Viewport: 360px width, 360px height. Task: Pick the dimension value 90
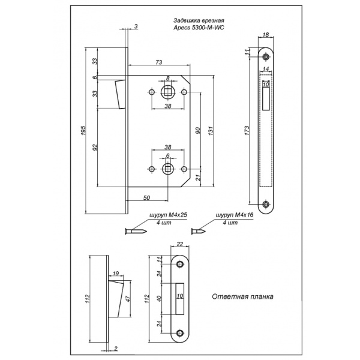click(x=199, y=131)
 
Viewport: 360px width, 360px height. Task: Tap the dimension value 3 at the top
click(x=136, y=26)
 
